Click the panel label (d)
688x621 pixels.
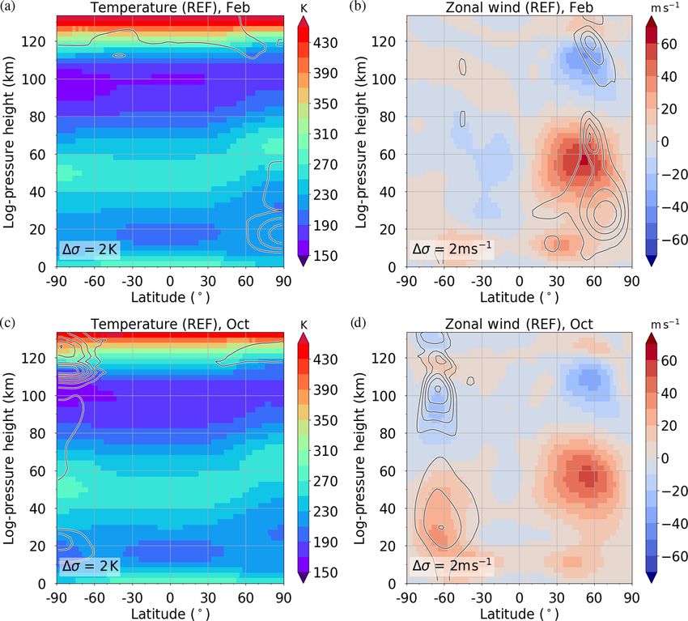tap(355, 324)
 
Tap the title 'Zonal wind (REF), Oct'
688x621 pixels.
tap(519, 324)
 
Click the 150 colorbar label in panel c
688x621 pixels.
tap(326, 572)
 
